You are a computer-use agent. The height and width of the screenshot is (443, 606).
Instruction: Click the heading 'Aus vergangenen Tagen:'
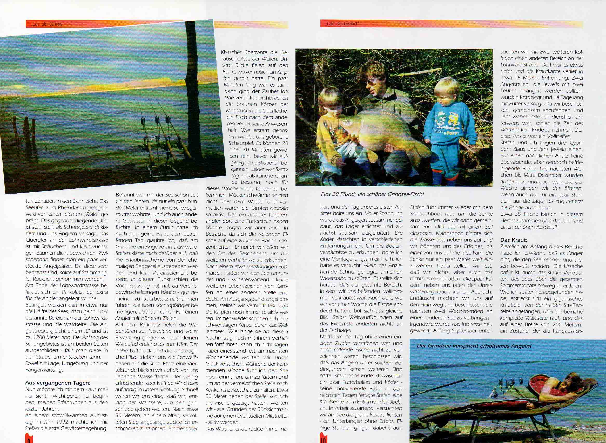point(58,383)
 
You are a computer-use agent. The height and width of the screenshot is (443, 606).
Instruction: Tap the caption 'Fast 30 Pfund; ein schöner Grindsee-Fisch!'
point(372,194)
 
